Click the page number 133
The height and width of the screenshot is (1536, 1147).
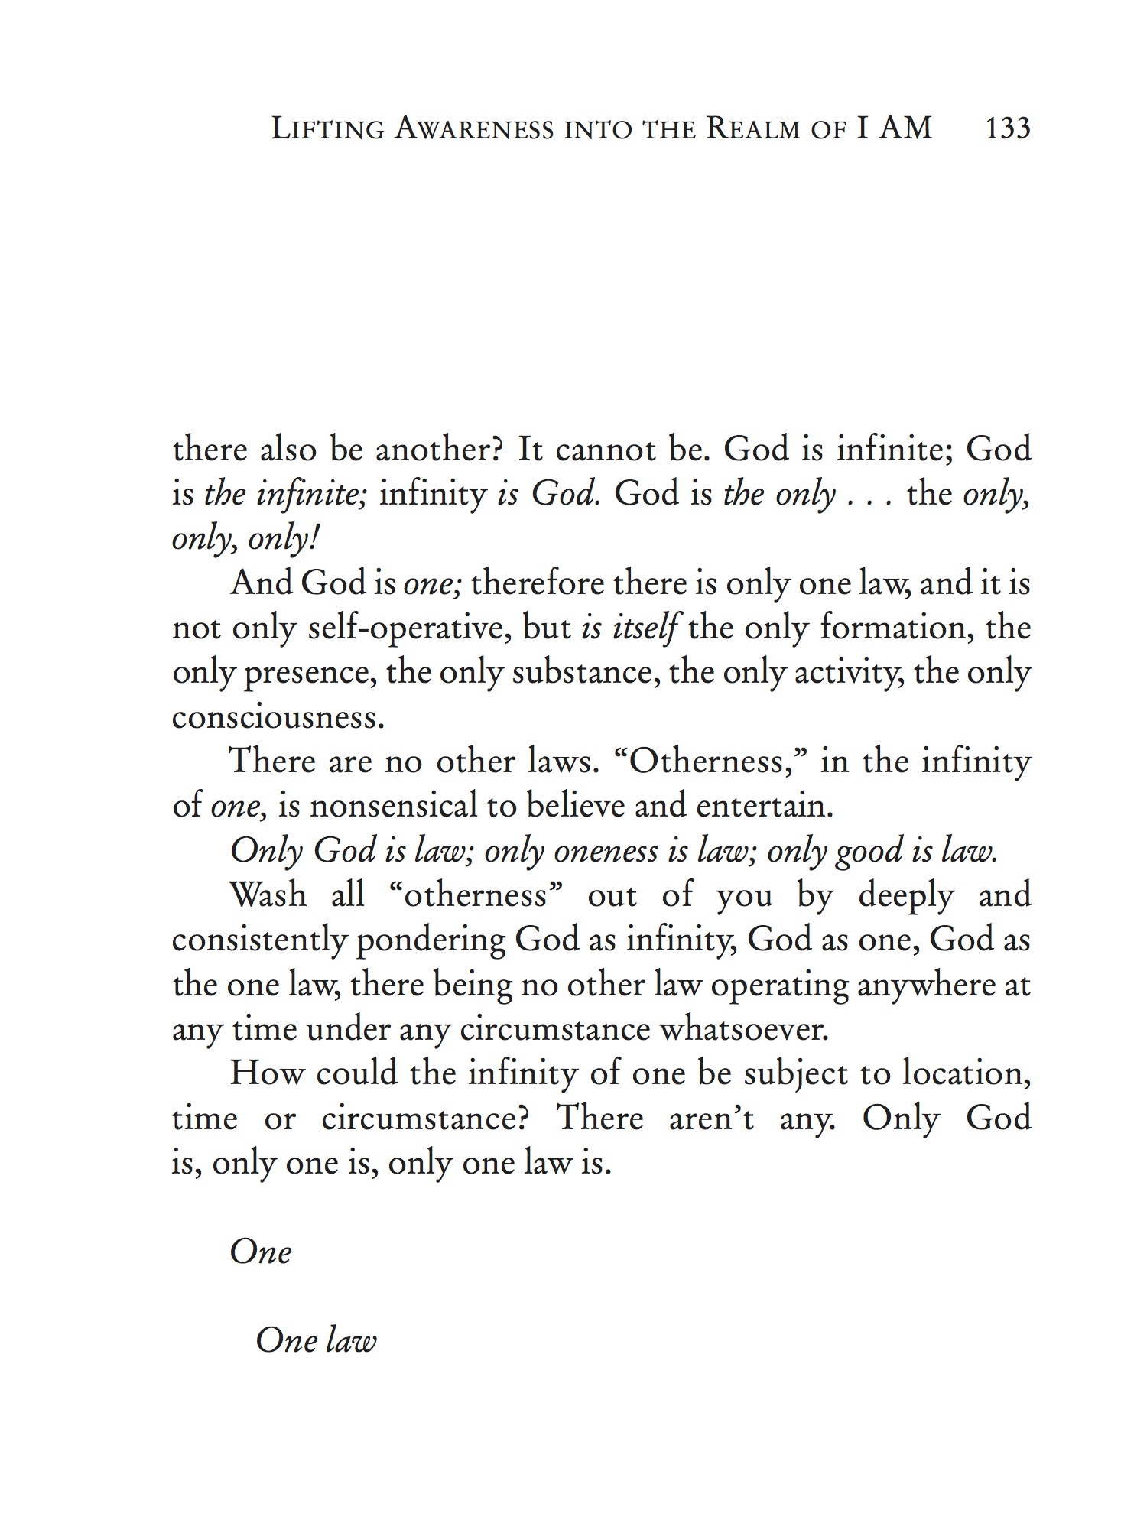(x=1008, y=128)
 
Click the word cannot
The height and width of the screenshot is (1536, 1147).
(x=609, y=449)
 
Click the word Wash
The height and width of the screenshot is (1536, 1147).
(x=268, y=895)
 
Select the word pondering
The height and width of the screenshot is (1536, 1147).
(x=430, y=940)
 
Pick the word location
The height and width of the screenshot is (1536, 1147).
(x=966, y=1073)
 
